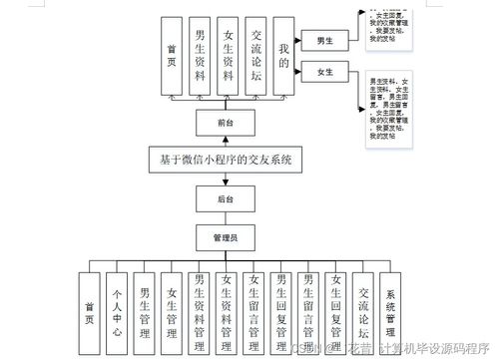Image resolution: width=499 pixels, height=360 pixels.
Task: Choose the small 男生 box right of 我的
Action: (324, 41)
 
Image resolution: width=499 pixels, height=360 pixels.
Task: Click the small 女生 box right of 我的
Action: (324, 73)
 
